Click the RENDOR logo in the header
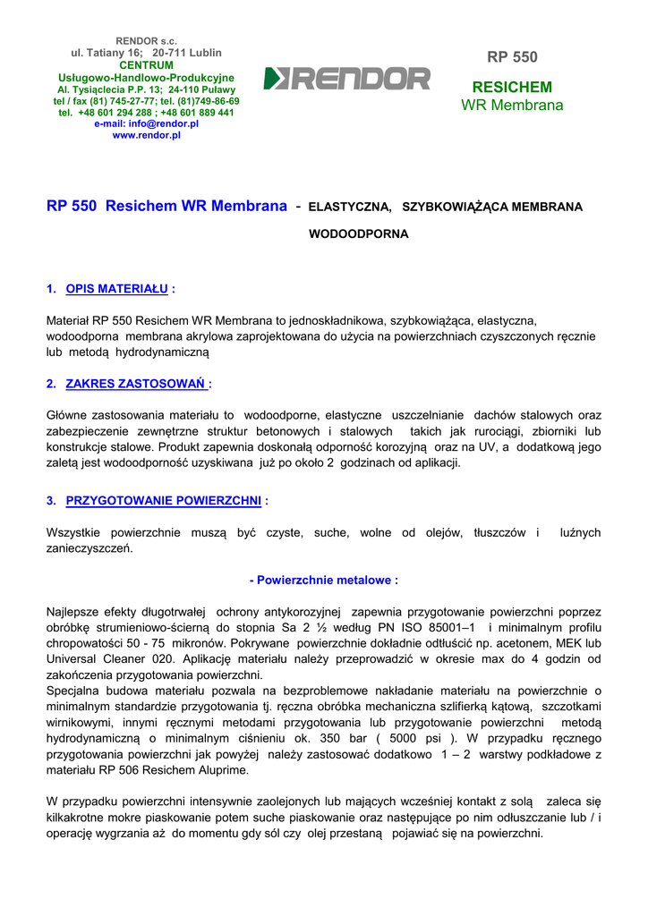[347, 79]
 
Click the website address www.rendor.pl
[146, 135]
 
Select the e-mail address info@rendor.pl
[164, 124]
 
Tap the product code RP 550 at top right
[512, 57]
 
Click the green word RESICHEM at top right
[512, 88]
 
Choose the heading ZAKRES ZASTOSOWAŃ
[137, 384]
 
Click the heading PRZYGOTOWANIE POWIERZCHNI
[163, 501]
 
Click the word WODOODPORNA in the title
[358, 234]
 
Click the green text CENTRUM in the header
[146, 65]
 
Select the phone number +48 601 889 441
[197, 114]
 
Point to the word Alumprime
[211, 770]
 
